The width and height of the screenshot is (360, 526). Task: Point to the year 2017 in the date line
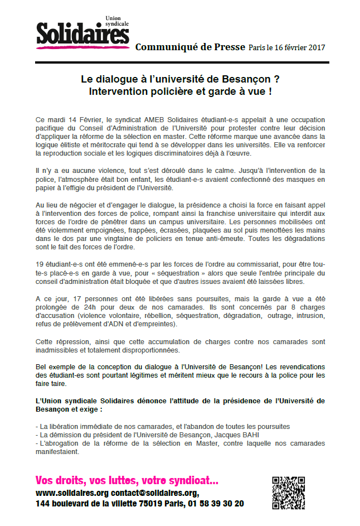(x=315, y=47)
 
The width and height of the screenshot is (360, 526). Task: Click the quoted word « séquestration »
(x=178, y=273)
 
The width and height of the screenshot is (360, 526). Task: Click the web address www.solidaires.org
(x=72, y=494)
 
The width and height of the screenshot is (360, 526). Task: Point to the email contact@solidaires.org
(x=154, y=494)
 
